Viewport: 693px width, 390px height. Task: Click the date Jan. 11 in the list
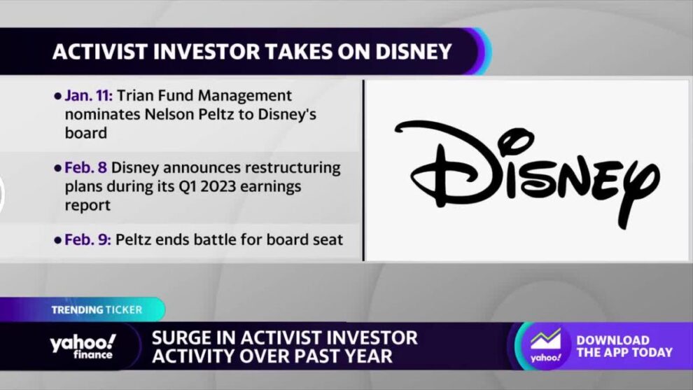(88, 95)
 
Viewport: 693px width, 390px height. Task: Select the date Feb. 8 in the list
(85, 167)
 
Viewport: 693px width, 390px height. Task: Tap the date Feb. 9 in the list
(87, 239)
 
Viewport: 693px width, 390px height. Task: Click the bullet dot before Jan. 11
(57, 96)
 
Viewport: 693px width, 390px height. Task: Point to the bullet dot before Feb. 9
(57, 240)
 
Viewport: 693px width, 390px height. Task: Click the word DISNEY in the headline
(414, 52)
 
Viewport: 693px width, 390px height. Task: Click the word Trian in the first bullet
(135, 95)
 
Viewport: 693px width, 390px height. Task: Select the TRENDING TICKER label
(97, 310)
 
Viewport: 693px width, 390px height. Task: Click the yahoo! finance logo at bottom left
(83, 346)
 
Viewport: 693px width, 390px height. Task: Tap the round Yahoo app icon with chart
(546, 346)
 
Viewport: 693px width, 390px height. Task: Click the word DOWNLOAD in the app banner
(612, 340)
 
